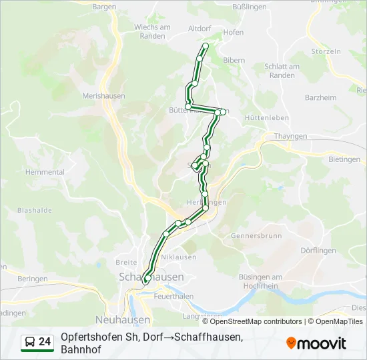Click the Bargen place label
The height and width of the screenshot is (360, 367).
point(104,7)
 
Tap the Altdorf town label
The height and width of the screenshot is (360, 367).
point(200,29)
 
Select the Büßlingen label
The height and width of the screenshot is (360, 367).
point(249,6)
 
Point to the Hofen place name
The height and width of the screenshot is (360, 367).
point(234,32)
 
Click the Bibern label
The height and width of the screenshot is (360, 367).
point(234,60)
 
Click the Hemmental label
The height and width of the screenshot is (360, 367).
point(45,171)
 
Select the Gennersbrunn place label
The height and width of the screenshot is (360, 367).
point(253,236)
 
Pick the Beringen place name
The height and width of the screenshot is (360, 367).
point(33,279)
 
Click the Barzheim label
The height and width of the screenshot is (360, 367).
point(320,97)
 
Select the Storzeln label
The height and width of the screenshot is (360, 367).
point(326,51)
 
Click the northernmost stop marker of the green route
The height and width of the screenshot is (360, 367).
point(206,46)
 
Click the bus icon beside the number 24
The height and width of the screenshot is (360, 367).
point(30,342)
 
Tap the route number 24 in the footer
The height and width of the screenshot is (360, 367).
point(45,342)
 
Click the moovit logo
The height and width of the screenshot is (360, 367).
point(317,343)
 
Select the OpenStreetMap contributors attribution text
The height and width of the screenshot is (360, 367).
point(256,321)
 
